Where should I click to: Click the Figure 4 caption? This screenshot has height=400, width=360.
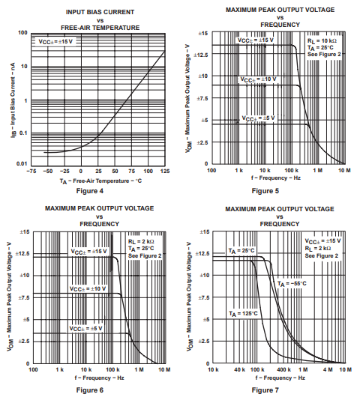point(89,191)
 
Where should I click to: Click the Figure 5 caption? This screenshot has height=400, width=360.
point(267,191)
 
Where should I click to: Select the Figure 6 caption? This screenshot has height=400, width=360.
point(89,390)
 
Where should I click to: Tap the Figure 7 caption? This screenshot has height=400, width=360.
point(267,390)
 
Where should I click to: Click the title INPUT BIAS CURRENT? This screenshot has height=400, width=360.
point(89,11)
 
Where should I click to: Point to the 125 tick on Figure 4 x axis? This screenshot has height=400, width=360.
point(165,171)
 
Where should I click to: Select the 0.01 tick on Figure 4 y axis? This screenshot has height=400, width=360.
point(22,163)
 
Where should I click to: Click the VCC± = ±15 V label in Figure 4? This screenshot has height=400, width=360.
point(55,41)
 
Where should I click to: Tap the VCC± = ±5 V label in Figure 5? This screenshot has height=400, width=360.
point(258,118)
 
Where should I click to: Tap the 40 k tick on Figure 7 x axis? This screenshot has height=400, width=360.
point(239,370)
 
